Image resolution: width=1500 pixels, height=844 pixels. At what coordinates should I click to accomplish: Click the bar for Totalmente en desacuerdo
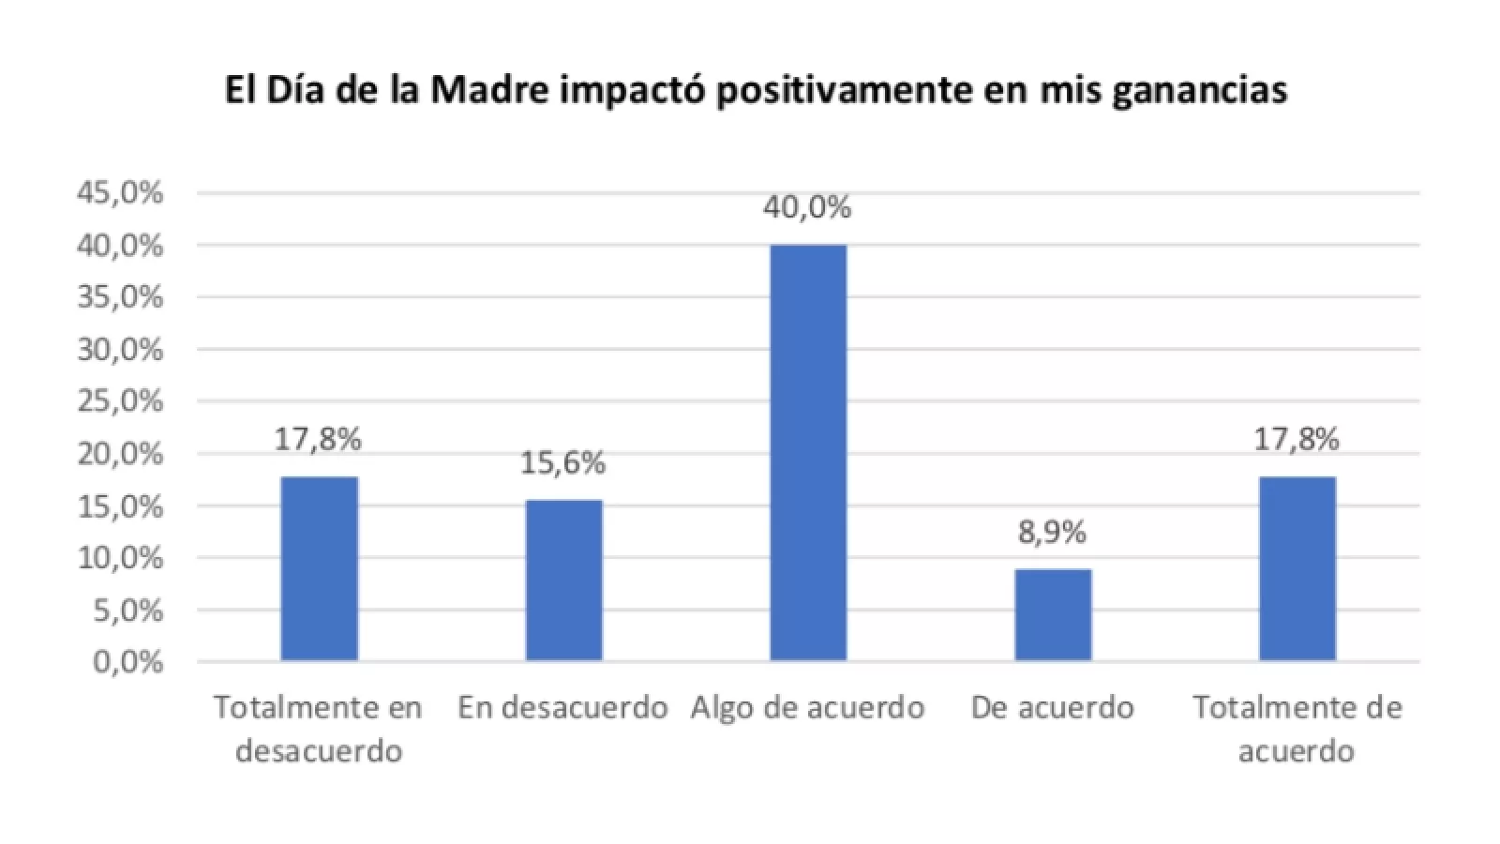coord(319,568)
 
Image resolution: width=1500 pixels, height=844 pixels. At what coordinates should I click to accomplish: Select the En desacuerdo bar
coord(563,580)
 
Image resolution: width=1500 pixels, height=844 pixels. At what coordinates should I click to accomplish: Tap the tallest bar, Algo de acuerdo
coord(808,453)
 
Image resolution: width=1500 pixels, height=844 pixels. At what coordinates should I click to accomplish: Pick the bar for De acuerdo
coord(1053,615)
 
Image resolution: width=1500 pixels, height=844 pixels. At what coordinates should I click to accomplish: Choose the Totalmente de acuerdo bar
coord(1297,568)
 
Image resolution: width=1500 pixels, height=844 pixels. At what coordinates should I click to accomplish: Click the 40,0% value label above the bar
coord(807,207)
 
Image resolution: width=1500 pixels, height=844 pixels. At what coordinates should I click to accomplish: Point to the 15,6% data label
coord(563,462)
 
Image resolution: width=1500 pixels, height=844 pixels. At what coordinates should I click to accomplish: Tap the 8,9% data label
coord(1052,533)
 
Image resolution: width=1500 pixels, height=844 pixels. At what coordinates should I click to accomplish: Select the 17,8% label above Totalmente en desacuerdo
coord(318,439)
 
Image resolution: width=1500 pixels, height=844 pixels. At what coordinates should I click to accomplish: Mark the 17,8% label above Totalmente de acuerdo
coord(1297,439)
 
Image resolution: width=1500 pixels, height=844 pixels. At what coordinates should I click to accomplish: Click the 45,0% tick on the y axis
coord(121,193)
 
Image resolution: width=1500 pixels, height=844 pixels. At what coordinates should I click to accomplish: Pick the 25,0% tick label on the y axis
coord(121,401)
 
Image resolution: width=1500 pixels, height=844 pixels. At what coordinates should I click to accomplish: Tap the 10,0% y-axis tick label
coord(121,558)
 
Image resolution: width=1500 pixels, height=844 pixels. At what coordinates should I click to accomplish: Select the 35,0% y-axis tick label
coord(121,297)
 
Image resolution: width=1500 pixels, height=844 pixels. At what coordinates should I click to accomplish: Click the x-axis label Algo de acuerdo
coord(808,707)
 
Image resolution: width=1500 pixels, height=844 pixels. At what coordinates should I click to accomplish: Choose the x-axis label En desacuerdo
coord(562,707)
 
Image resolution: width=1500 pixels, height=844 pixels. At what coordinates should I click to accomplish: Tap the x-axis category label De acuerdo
coord(1052,707)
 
